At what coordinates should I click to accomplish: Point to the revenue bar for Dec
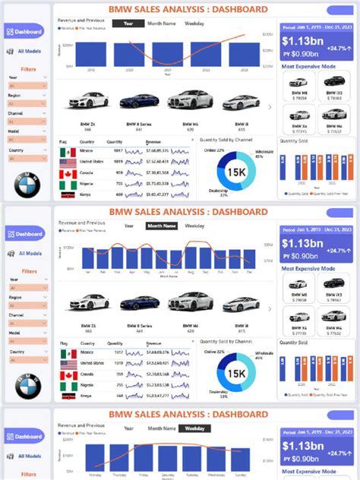[251, 259]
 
